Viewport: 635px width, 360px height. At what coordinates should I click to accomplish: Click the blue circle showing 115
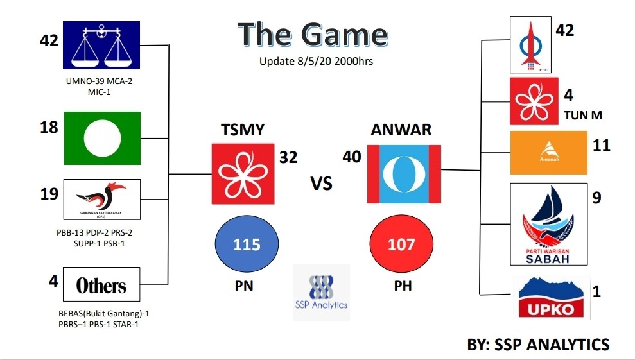click(x=247, y=244)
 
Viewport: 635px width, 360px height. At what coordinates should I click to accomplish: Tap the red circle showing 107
click(x=402, y=244)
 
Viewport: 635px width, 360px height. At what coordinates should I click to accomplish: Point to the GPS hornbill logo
click(x=101, y=200)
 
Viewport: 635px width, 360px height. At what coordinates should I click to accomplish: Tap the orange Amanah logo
click(x=548, y=153)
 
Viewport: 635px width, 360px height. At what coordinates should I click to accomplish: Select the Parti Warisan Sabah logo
click(x=548, y=224)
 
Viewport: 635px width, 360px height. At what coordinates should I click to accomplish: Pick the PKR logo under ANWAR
click(x=404, y=174)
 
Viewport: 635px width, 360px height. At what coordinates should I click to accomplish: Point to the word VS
click(x=322, y=183)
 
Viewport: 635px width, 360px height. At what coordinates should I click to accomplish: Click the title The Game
click(x=312, y=35)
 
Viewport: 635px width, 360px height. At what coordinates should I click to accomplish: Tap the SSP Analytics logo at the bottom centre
click(x=321, y=292)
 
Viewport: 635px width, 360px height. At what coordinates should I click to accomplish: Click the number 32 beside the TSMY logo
click(x=288, y=157)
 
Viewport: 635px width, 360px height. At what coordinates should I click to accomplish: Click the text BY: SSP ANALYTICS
click(x=538, y=345)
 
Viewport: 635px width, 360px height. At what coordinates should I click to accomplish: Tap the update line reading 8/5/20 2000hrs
click(x=317, y=62)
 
